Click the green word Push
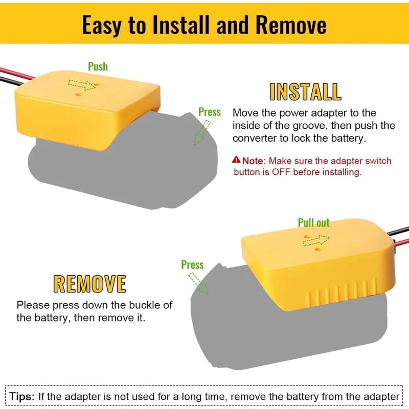point(98,66)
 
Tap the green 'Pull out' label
point(313,223)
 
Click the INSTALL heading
point(305,92)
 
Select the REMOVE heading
point(90,284)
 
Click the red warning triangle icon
point(236,160)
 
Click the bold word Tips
point(22,397)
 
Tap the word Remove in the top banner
point(291,25)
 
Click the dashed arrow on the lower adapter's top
point(316,240)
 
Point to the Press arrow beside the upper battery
point(201,132)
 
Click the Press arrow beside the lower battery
point(198,283)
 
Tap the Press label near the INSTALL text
point(210,112)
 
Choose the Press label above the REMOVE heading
point(192,265)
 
